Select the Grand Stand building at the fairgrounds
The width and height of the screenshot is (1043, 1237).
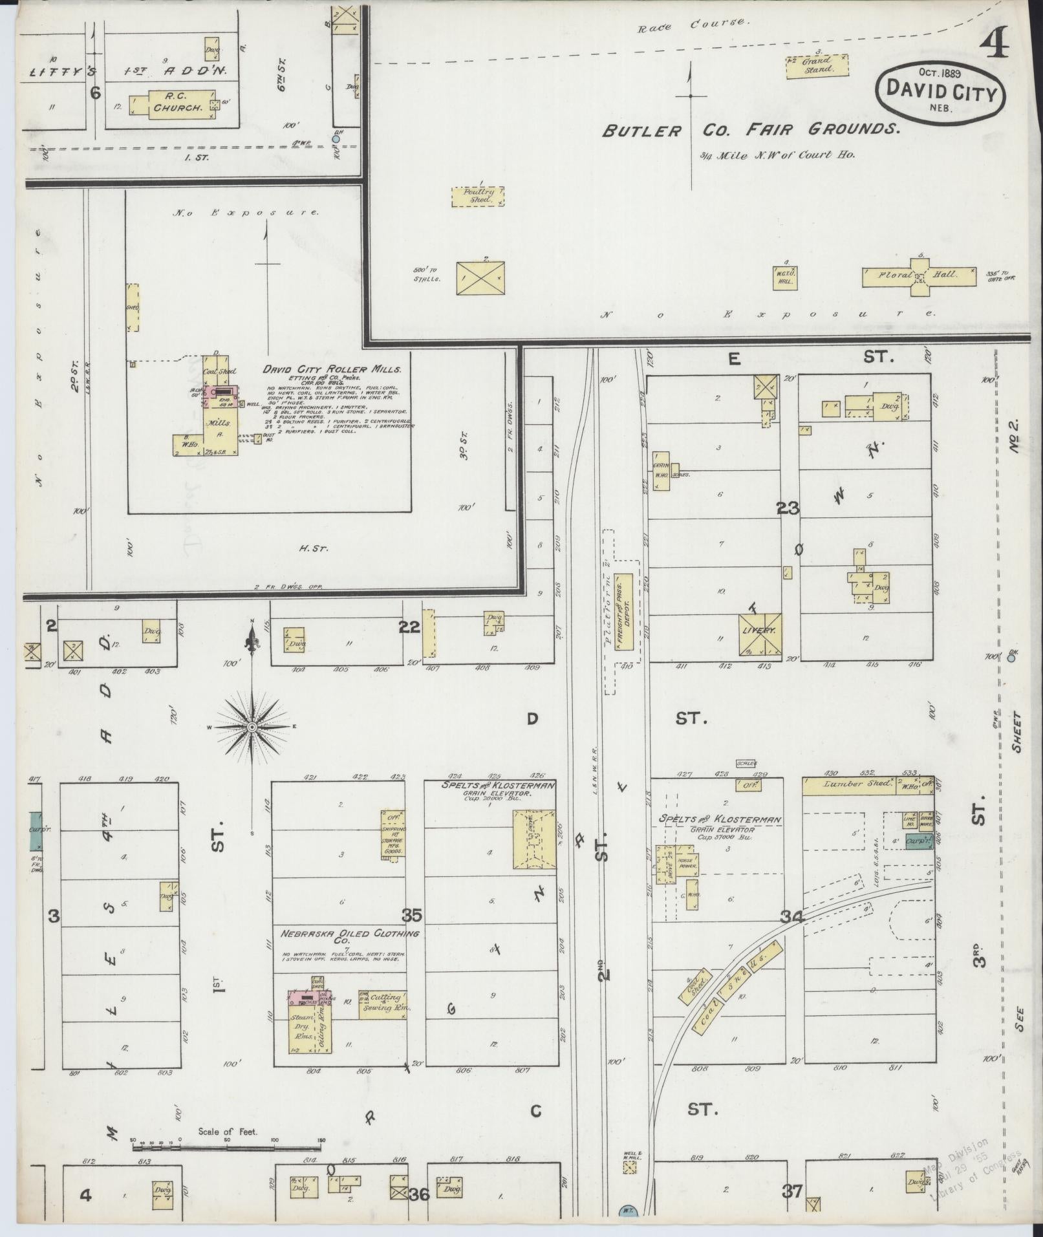click(x=817, y=65)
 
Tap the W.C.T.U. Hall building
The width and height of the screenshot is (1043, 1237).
click(x=786, y=277)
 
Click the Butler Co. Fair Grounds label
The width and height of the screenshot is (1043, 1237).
click(x=750, y=130)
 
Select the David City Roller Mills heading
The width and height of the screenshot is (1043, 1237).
click(x=332, y=369)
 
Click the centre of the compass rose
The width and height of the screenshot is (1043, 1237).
click(x=252, y=727)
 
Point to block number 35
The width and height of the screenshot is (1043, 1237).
click(x=412, y=916)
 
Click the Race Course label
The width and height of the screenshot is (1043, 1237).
click(x=693, y=26)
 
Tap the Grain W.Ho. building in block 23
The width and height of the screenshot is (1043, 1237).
click(x=661, y=470)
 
